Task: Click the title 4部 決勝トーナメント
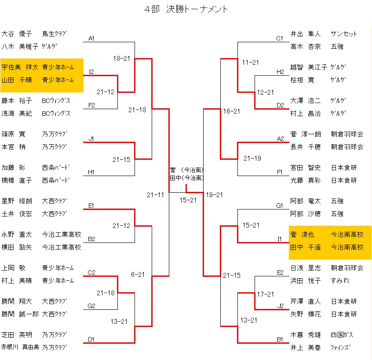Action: [186, 9]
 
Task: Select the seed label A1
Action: [91, 38]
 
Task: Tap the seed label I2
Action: [91, 71]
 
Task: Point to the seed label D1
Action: [91, 339]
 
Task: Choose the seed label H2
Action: [280, 72]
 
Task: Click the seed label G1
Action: [280, 206]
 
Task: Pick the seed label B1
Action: [280, 339]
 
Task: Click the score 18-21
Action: [121, 58]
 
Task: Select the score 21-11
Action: [155, 195]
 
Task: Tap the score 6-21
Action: [138, 275]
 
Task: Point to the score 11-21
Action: [251, 62]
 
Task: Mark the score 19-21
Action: [215, 195]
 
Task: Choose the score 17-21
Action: [266, 294]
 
